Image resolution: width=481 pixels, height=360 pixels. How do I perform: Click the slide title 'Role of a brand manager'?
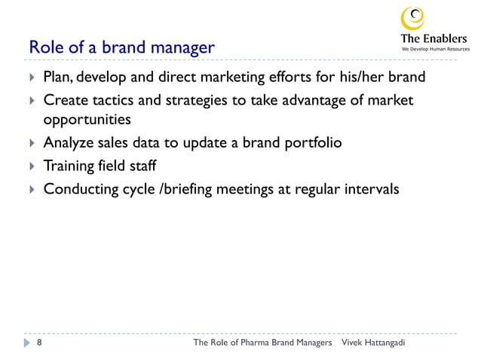click(121, 48)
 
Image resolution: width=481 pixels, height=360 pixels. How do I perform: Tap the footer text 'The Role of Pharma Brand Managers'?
click(263, 343)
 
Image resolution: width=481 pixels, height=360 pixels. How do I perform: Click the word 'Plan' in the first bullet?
click(57, 77)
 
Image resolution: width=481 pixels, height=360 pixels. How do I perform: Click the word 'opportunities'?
click(87, 120)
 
